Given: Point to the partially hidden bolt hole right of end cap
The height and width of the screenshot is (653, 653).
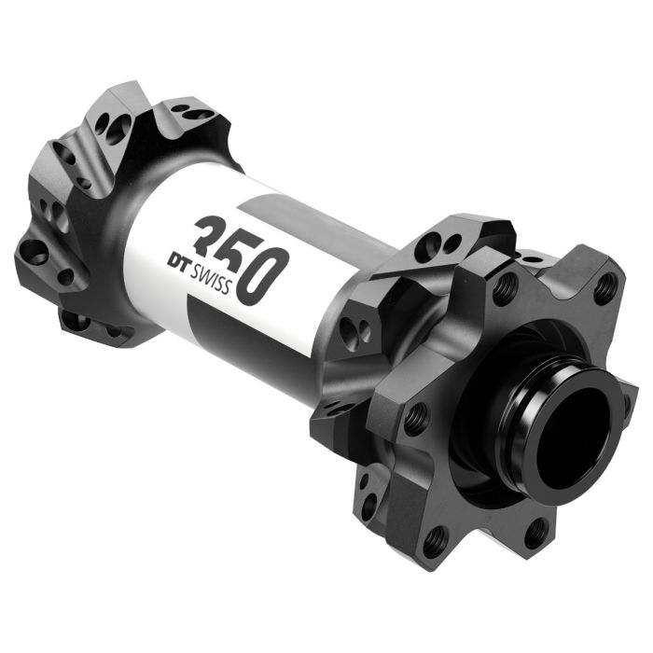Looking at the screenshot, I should [627, 408].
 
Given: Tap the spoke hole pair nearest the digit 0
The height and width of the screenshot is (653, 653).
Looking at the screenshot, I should [353, 327].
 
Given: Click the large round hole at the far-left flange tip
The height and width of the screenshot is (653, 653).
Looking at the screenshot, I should [34, 250].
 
